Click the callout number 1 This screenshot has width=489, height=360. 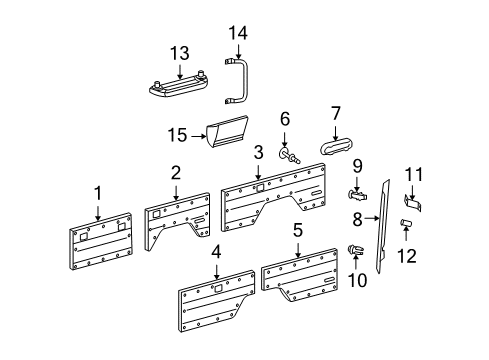tap(98, 191)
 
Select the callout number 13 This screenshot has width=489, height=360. tap(179, 53)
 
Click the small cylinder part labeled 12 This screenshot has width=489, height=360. tap(407, 223)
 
